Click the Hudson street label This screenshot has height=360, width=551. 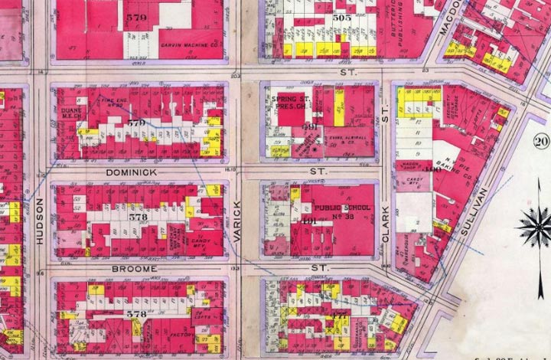(39, 221)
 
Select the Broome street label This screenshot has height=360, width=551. (134, 269)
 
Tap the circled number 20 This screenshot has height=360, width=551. (542, 141)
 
